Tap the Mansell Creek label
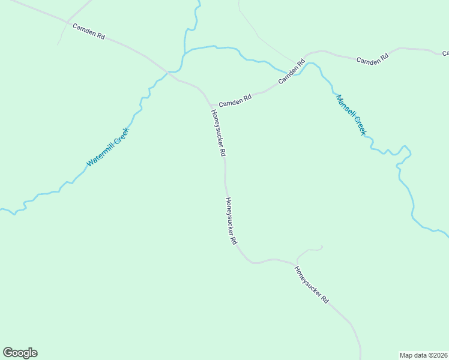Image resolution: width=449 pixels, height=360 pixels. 351,115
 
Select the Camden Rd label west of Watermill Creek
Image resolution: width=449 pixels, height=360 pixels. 89,32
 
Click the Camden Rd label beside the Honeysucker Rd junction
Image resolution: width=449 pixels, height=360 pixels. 235,102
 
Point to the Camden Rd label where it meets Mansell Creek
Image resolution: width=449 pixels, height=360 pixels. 292,73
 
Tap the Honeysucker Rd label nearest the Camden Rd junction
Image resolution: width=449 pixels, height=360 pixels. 218,133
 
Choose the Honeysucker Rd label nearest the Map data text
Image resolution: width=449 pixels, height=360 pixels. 312,284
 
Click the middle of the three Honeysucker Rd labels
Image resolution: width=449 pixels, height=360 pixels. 231,221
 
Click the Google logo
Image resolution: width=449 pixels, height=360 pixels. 20,353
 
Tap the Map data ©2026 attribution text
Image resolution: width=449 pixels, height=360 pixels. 423,355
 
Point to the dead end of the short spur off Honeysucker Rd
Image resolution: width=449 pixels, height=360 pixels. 322,247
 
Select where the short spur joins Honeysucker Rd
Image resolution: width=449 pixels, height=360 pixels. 295,263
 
